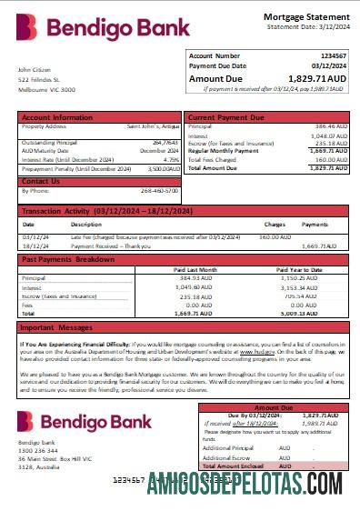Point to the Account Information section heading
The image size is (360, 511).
pos(56,117)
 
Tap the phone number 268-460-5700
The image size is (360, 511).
pos(160,191)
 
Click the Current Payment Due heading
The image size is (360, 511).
pos(229,117)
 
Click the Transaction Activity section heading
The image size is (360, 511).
pos(107,211)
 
